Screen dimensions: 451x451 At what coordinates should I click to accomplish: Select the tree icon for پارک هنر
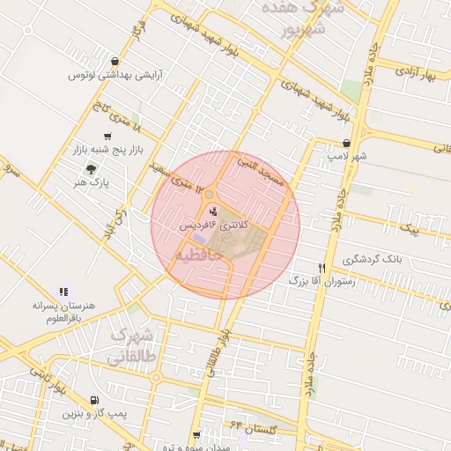click(x=91, y=168)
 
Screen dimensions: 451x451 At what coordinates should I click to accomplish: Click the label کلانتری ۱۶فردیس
click(x=217, y=225)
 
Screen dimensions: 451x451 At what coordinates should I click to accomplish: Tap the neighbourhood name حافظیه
click(x=198, y=255)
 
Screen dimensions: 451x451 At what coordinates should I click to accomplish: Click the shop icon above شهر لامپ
click(x=346, y=143)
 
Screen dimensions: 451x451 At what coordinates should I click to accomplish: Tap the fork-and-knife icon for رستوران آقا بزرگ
click(x=322, y=268)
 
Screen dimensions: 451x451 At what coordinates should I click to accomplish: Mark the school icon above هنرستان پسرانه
click(x=63, y=291)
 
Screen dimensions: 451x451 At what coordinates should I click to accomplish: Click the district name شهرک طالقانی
click(x=135, y=346)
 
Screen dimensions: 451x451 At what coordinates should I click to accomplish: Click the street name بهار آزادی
click(x=418, y=70)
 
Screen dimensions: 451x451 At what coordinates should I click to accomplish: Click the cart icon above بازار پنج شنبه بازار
click(x=107, y=137)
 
